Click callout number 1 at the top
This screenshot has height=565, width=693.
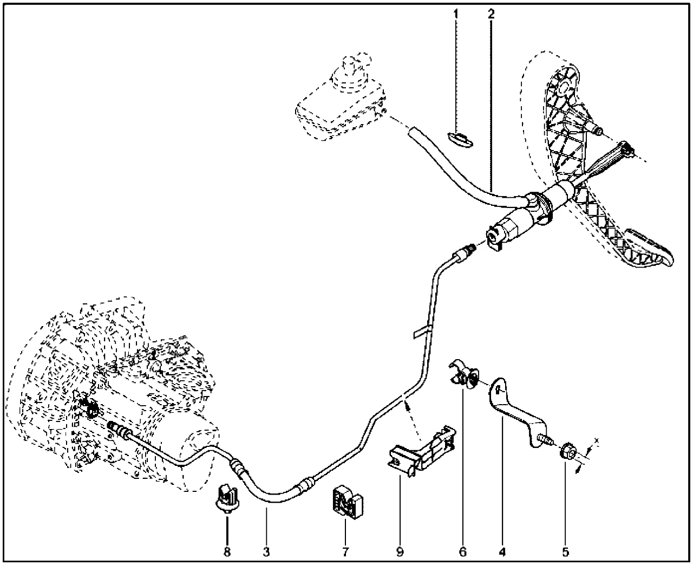coord(456,14)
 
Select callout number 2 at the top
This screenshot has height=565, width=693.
coord(491,14)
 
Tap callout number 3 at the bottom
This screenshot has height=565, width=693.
coord(266,552)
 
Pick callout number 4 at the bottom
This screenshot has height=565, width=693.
coord(502,552)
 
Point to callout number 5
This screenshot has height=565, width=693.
coord(565,552)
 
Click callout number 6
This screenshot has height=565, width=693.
coord(462,552)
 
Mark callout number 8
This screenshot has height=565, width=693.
coord(227,552)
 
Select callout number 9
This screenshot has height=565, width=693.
coord(400,552)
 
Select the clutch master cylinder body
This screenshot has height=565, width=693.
coord(522,219)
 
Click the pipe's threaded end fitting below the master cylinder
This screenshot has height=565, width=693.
coord(465,252)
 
